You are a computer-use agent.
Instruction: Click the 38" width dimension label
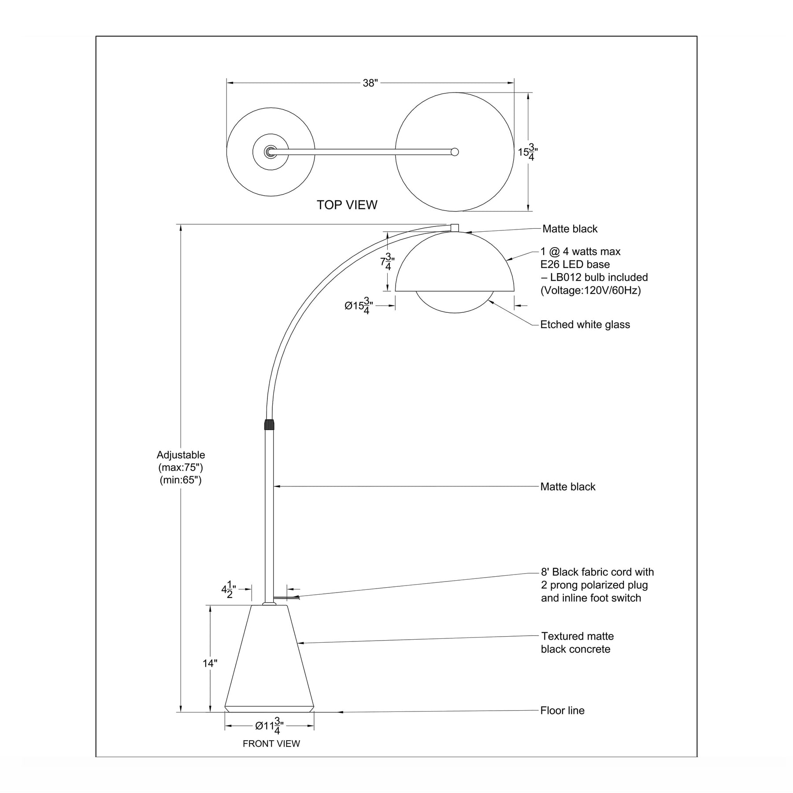pyautogui.click(x=371, y=83)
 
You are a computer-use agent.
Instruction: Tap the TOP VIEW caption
pyautogui.click(x=347, y=205)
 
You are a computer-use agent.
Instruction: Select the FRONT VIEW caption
pyautogui.click(x=271, y=744)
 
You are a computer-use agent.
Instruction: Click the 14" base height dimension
pyautogui.click(x=210, y=663)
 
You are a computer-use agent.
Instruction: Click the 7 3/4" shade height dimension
pyautogui.click(x=387, y=262)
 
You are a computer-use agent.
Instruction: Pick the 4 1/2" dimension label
pyautogui.click(x=229, y=589)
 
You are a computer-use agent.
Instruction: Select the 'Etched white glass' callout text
pyautogui.click(x=585, y=325)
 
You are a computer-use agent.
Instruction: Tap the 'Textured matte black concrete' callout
pyautogui.click(x=577, y=643)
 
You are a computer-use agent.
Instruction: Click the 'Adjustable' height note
pyautogui.click(x=181, y=455)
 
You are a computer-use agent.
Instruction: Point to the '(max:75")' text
pyautogui.click(x=181, y=467)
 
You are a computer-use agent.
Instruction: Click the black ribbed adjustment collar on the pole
pyautogui.click(x=269, y=424)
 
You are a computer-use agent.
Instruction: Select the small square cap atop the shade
pyautogui.click(x=455, y=228)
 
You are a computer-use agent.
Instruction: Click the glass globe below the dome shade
pyautogui.click(x=455, y=302)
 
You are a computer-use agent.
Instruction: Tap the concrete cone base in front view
pyautogui.click(x=270, y=661)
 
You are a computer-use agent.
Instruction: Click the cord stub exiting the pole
pyautogui.click(x=286, y=598)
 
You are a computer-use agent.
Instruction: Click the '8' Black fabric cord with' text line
pyautogui.click(x=597, y=572)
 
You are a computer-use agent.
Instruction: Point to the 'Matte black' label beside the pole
pyautogui.click(x=568, y=487)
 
